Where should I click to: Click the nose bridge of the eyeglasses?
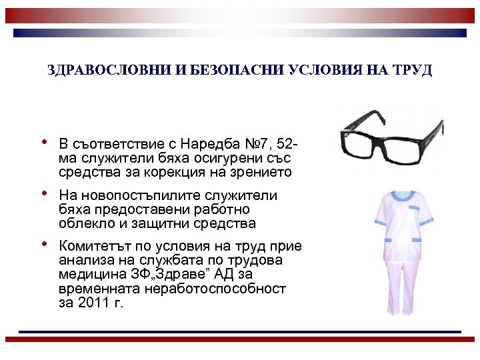[385, 133]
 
